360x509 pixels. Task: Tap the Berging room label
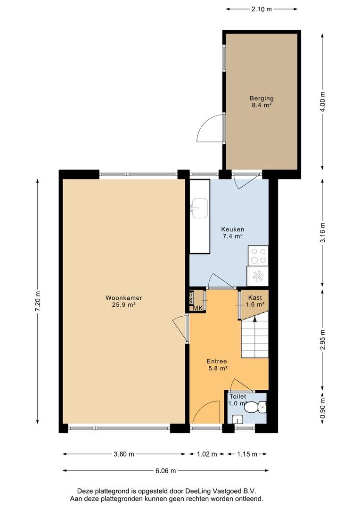(262, 98)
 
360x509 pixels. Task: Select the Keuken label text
(232, 229)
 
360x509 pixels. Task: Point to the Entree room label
(217, 361)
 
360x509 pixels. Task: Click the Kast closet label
(255, 297)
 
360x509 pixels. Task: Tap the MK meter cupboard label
(198, 308)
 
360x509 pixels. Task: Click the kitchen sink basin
(199, 208)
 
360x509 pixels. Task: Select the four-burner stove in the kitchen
(258, 256)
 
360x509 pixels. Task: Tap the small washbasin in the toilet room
(237, 419)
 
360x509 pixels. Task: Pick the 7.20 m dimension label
(38, 302)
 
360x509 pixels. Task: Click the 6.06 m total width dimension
(165, 470)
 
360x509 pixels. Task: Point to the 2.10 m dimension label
(262, 9)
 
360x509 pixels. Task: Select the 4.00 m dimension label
(322, 102)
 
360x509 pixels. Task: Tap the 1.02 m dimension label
(207, 454)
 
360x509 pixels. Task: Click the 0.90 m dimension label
(322, 408)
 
